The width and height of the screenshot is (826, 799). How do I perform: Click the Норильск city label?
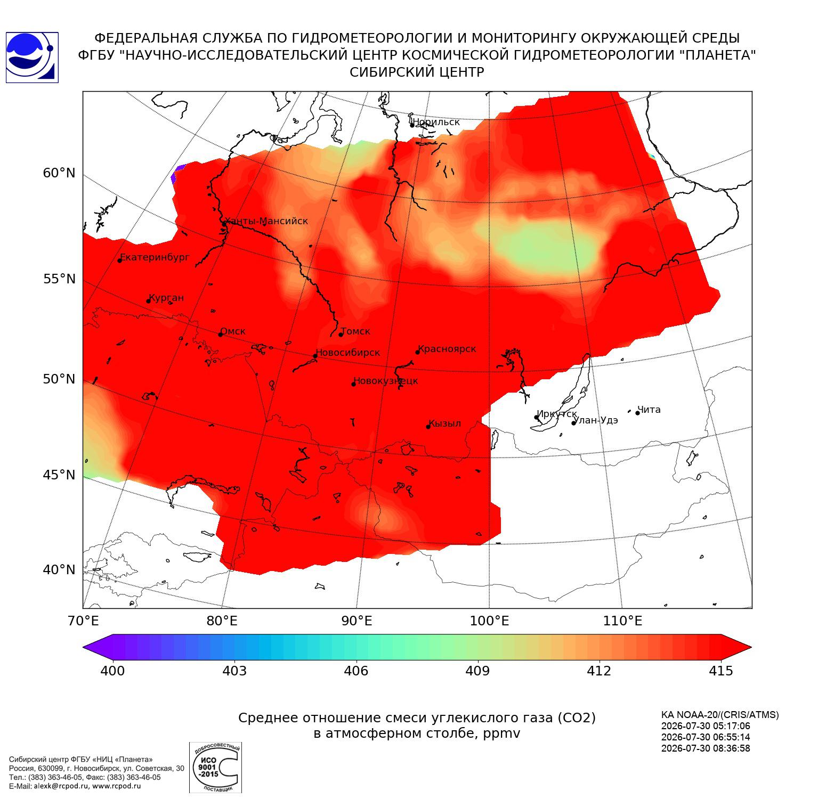coord(436,122)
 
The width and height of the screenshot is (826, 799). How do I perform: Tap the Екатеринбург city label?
coord(155,258)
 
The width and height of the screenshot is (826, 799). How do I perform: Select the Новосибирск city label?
coord(348,353)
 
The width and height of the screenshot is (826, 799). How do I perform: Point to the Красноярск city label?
coord(447,349)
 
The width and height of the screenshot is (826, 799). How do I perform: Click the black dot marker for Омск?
coord(221,335)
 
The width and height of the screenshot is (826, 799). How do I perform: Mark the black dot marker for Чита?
coord(637,413)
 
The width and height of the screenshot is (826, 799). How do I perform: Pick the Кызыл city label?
coord(445,423)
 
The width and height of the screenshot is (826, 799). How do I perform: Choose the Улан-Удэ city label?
coord(596,420)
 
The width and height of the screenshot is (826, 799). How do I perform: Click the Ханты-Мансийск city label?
coord(266,221)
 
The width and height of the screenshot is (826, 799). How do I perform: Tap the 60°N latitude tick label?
coord(59,173)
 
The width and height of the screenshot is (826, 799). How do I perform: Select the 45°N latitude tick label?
coord(59,475)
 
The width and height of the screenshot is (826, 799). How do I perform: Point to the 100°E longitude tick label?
coord(490,621)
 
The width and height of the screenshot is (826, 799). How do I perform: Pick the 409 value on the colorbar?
coord(477,671)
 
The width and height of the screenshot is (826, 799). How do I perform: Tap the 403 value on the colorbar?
coord(234,671)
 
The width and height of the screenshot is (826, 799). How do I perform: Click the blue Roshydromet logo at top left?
coord(32,58)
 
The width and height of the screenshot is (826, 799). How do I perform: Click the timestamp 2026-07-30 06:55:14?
coord(706,737)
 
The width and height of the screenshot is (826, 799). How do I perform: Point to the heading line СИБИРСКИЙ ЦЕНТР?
coord(417,72)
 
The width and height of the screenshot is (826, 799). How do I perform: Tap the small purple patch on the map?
coord(177,174)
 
